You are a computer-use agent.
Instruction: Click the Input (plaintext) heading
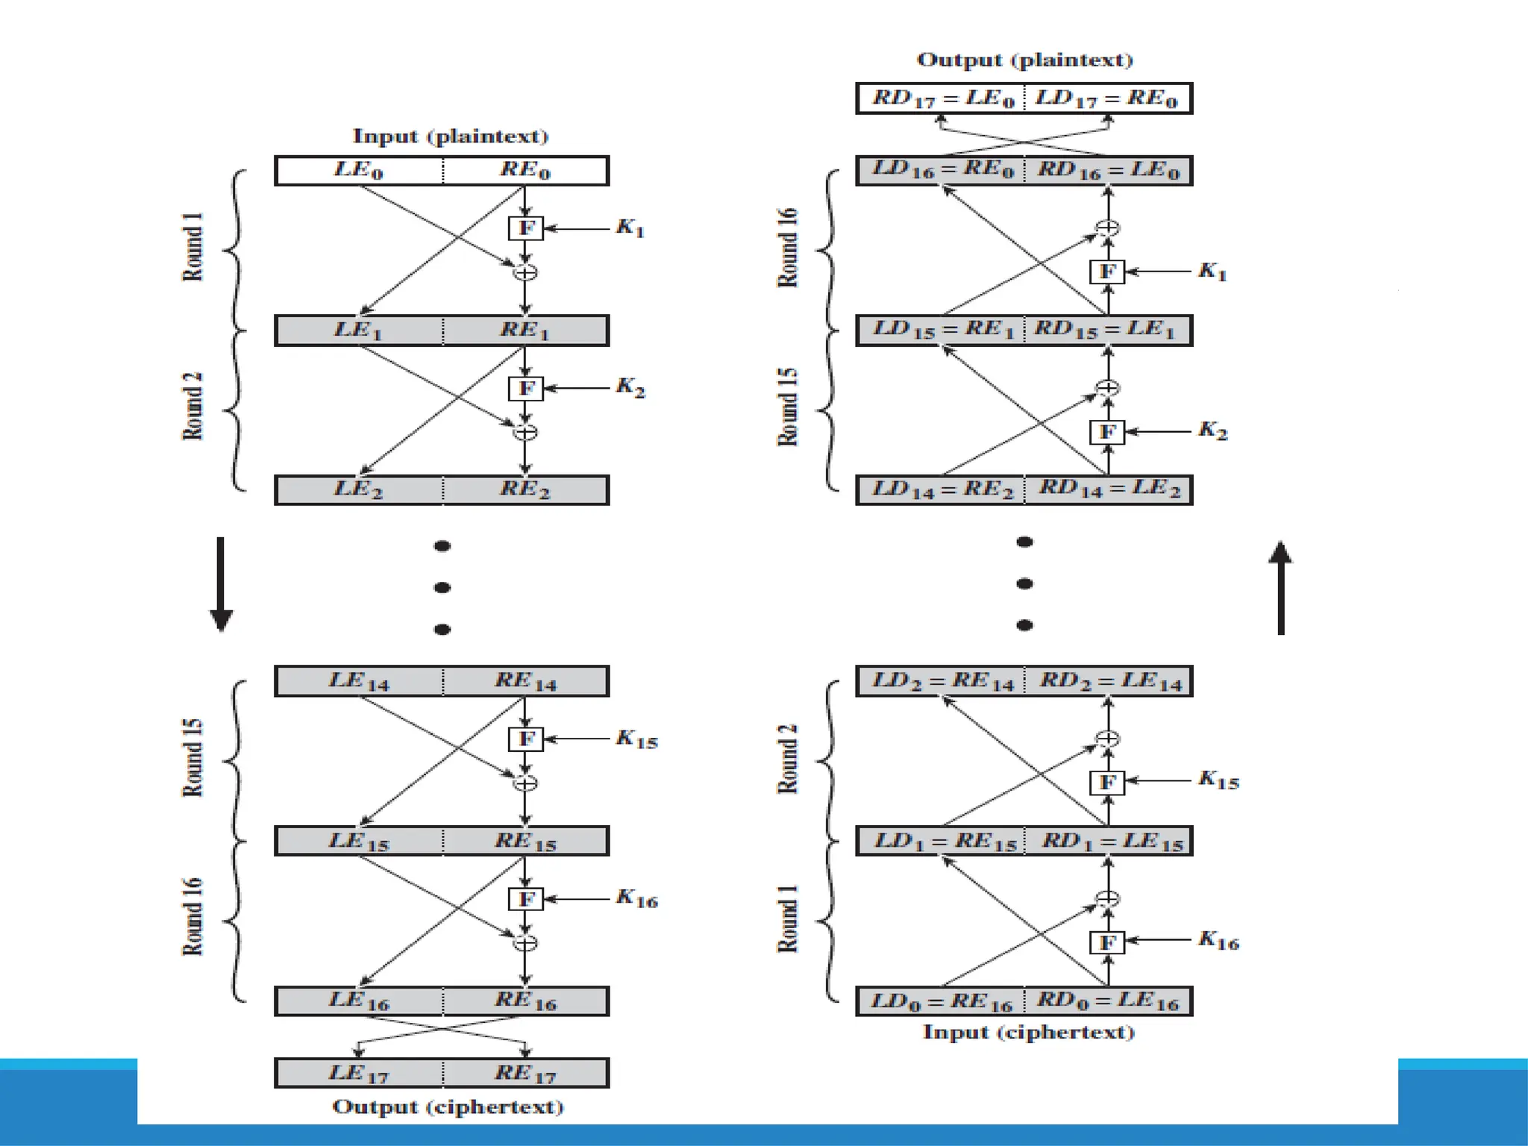(x=450, y=137)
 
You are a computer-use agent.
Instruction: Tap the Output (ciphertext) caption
(x=448, y=1106)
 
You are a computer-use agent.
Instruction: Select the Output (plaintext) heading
(x=1024, y=60)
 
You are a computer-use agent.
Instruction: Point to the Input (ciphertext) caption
(x=1028, y=1033)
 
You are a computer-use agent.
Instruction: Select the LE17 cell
(x=359, y=1074)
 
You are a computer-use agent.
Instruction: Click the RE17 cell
(x=526, y=1074)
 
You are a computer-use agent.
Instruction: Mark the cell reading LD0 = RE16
(x=942, y=1001)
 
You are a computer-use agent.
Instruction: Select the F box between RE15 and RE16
(x=526, y=899)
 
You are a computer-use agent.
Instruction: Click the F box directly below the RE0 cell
(x=526, y=228)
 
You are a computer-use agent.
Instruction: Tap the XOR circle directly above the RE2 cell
(x=525, y=432)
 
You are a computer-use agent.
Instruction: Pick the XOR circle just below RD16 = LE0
(x=1108, y=228)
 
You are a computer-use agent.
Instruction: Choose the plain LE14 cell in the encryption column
(x=359, y=681)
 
